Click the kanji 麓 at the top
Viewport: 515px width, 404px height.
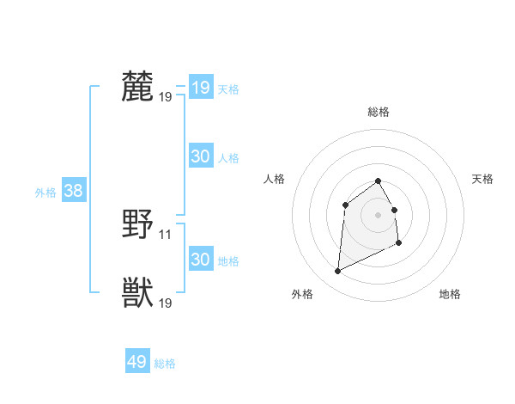coord(137,87)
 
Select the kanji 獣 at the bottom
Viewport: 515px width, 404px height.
coord(137,293)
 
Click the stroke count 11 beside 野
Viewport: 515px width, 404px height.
coord(166,234)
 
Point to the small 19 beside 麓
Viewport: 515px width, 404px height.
coord(166,96)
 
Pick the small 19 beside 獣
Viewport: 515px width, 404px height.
coord(166,303)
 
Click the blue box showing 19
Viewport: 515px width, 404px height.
coord(200,88)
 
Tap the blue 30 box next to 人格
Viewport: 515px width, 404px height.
coord(200,156)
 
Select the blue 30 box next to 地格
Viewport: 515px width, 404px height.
coord(200,260)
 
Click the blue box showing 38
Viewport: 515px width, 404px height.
coord(73,191)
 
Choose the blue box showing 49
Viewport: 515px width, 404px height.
coord(136,362)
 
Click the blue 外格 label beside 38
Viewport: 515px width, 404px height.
coord(45,193)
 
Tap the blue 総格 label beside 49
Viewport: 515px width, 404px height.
coord(165,364)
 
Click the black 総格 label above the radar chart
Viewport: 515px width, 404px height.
coord(379,112)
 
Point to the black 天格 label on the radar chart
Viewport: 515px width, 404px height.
coord(483,179)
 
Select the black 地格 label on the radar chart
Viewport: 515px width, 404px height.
coord(450,295)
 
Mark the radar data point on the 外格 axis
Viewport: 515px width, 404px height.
coord(338,272)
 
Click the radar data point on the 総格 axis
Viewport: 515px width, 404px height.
coord(379,181)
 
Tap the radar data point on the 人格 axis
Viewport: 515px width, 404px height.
coord(345,204)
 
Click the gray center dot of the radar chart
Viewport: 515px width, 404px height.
coord(379,214)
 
